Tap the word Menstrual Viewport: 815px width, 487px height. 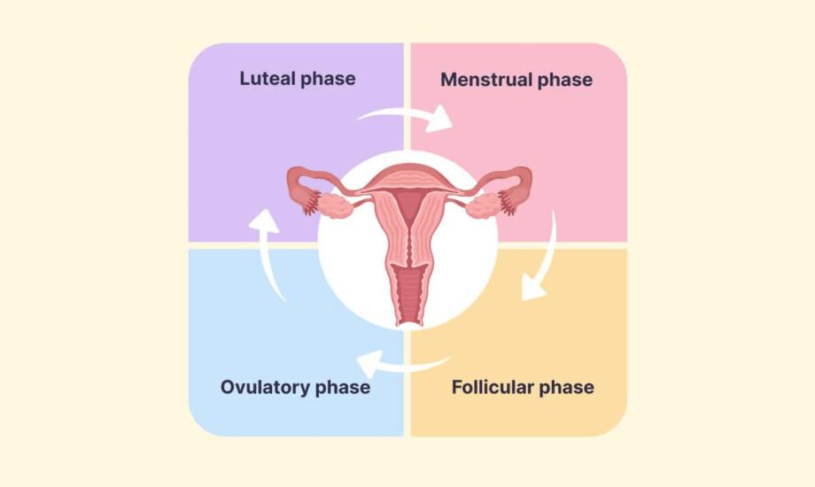point(486,80)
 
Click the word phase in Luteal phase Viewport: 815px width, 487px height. point(328,79)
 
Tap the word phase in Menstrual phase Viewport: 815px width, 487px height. point(564,80)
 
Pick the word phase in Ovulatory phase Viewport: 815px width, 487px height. point(340,387)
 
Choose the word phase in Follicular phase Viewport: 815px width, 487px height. point(566,387)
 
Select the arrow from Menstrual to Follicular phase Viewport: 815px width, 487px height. point(541,257)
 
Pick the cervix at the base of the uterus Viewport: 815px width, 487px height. point(408,257)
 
